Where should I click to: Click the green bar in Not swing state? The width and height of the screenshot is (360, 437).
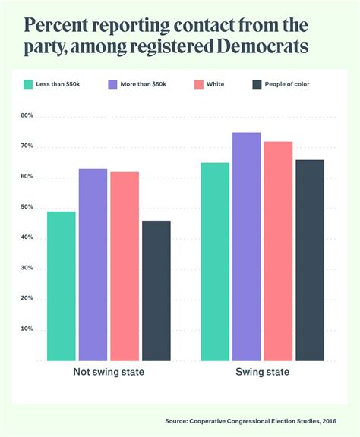[61, 285]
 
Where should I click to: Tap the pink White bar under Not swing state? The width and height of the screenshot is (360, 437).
[125, 266]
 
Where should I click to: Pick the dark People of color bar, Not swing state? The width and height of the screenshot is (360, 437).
[156, 290]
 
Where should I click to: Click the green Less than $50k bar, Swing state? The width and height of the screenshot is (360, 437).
[215, 261]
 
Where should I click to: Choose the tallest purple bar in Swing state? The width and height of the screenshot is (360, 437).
[247, 246]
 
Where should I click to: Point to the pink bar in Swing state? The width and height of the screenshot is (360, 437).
[278, 250]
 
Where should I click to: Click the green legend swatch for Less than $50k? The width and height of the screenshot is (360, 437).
[29, 83]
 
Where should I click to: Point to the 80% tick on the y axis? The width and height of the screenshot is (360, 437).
[27, 115]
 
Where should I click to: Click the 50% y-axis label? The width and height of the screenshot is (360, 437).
[27, 207]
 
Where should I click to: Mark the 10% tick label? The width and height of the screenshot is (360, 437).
[27, 329]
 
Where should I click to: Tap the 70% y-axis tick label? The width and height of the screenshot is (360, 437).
[27, 146]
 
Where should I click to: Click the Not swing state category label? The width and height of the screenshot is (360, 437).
[109, 373]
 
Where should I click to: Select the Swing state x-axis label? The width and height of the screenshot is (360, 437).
[262, 373]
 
